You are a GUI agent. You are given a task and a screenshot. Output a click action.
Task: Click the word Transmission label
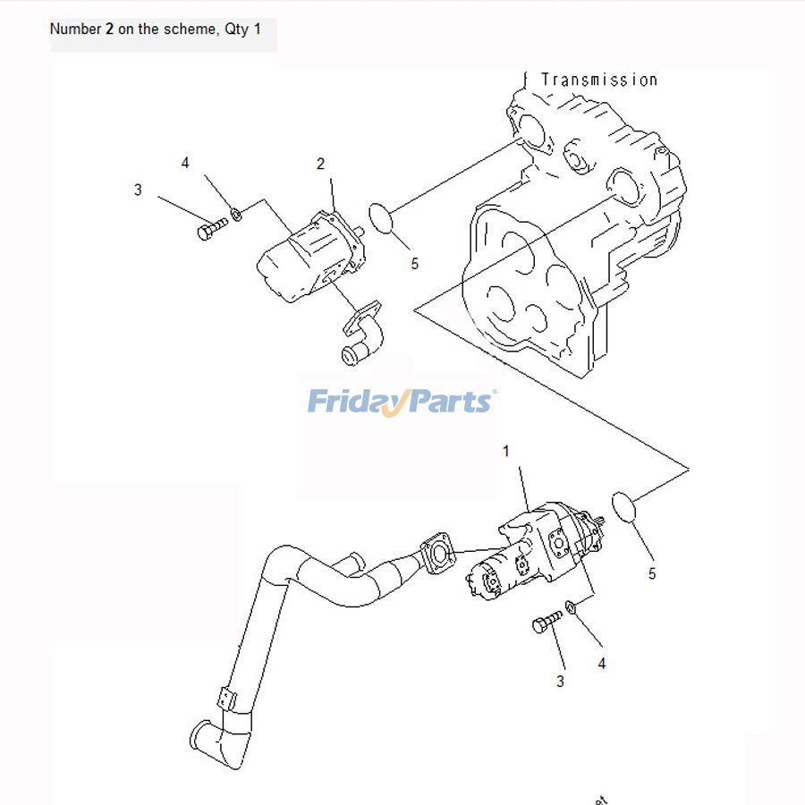click(598, 80)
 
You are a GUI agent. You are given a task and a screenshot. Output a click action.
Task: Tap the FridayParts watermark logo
click(402, 401)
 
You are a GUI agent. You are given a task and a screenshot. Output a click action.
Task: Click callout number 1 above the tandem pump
click(505, 451)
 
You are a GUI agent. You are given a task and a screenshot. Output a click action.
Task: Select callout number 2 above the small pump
click(320, 164)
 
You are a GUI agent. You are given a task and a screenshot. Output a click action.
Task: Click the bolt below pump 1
click(547, 621)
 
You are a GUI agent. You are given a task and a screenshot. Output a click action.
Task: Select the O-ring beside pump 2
click(382, 217)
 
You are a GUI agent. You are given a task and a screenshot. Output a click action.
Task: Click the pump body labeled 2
click(309, 255)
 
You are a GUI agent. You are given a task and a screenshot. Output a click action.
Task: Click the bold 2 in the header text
click(109, 29)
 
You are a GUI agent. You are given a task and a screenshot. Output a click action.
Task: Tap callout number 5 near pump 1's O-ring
click(651, 573)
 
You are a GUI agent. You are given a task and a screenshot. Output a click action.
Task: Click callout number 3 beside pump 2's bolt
click(138, 190)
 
